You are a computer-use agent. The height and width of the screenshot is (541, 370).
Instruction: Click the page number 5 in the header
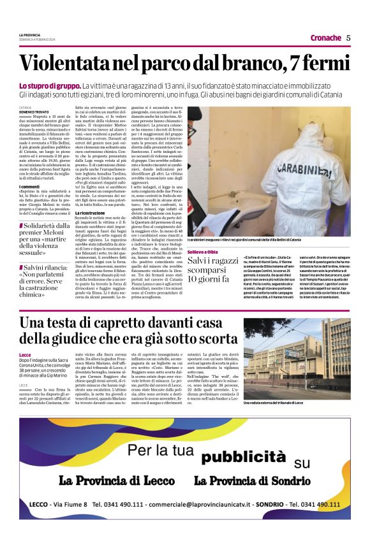[348, 38]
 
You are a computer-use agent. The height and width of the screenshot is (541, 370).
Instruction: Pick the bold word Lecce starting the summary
[25, 354]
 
